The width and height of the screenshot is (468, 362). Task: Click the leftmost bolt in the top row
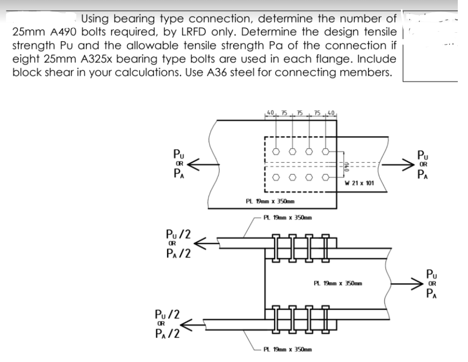coord(276,152)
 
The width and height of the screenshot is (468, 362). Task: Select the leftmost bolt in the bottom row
coord(276,176)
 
